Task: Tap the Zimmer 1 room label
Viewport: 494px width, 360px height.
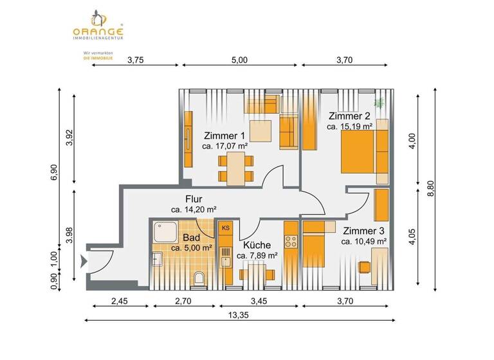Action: tap(224, 136)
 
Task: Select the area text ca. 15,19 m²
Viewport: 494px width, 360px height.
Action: tap(350, 127)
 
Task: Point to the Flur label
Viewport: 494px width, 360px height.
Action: tap(194, 199)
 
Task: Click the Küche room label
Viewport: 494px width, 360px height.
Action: tap(257, 245)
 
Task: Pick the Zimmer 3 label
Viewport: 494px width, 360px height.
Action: tap(363, 231)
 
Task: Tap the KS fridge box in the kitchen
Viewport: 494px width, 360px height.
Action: tap(225, 228)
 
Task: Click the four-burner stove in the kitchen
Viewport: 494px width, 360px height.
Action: tap(291, 242)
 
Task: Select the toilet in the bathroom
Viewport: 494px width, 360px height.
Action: tap(199, 278)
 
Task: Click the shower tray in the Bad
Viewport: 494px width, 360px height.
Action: tap(166, 231)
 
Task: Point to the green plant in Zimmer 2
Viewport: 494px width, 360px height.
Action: tap(380, 103)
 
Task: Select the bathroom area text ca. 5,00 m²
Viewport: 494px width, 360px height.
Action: tap(192, 248)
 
